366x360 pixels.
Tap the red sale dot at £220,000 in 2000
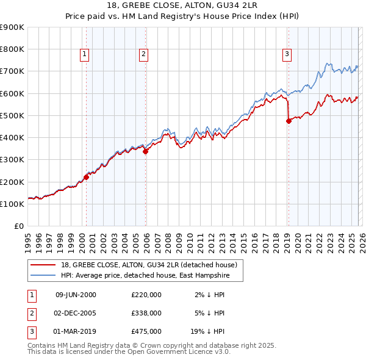(86, 177)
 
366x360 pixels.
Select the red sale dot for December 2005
(145, 152)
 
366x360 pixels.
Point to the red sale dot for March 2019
(289, 121)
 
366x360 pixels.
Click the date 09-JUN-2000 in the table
(76, 295)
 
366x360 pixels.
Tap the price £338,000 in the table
(146, 313)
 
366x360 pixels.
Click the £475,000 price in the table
(146, 331)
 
